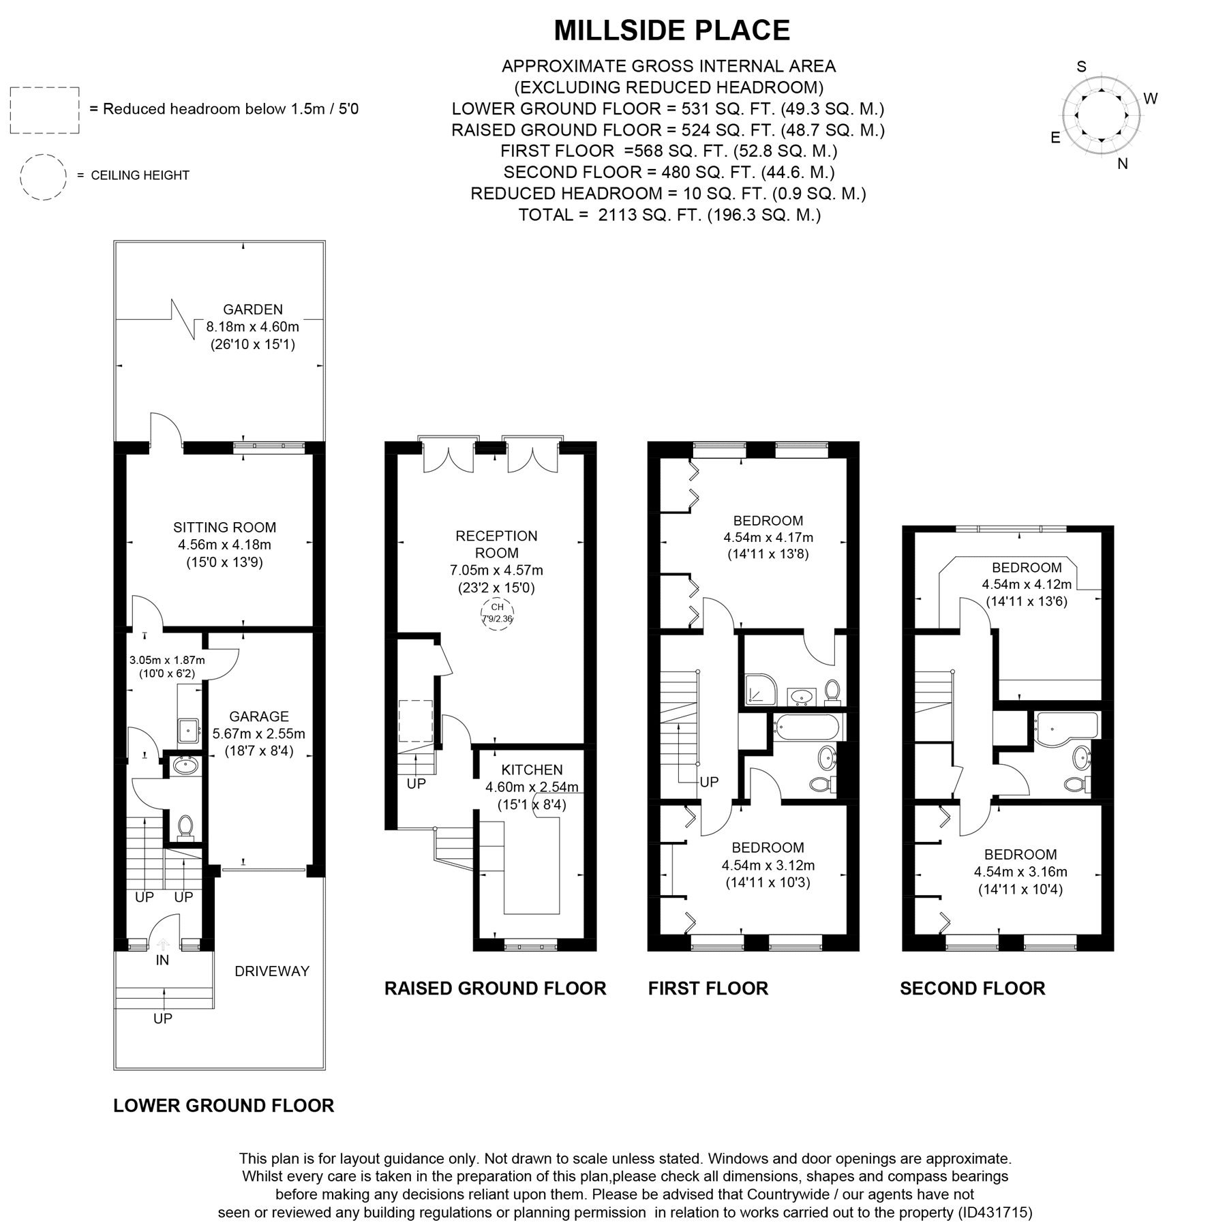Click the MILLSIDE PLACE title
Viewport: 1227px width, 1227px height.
tap(671, 31)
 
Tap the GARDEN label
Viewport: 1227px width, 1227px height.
tap(253, 309)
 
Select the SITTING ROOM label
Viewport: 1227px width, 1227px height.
tap(225, 527)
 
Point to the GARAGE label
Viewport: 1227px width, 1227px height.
tap(259, 716)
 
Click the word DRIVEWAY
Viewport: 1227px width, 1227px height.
tap(272, 971)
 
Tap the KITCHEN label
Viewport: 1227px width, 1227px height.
tap(532, 770)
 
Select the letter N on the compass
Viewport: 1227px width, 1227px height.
tap(1123, 164)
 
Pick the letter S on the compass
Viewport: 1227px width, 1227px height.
tap(1081, 67)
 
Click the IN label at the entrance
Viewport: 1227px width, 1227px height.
tap(162, 960)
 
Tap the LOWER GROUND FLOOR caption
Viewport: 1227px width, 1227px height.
tap(224, 1106)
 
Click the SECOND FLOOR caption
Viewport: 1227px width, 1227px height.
tap(973, 988)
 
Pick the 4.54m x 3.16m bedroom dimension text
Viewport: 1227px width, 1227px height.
tap(1020, 872)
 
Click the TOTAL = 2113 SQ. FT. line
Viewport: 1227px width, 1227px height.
tap(669, 215)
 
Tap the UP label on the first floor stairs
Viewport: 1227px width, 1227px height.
tap(710, 782)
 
